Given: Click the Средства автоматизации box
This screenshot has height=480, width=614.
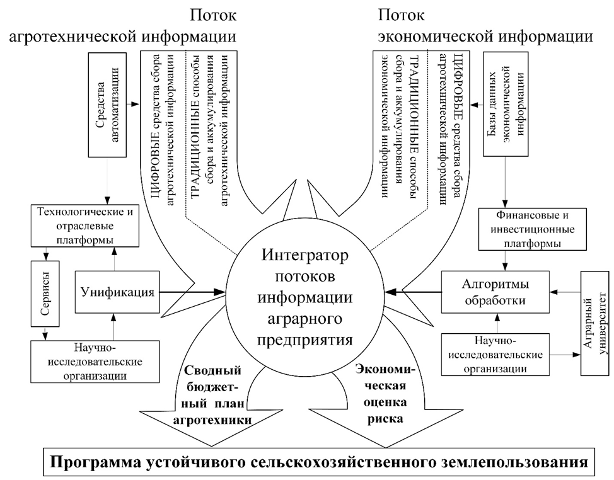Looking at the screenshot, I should [108, 105].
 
